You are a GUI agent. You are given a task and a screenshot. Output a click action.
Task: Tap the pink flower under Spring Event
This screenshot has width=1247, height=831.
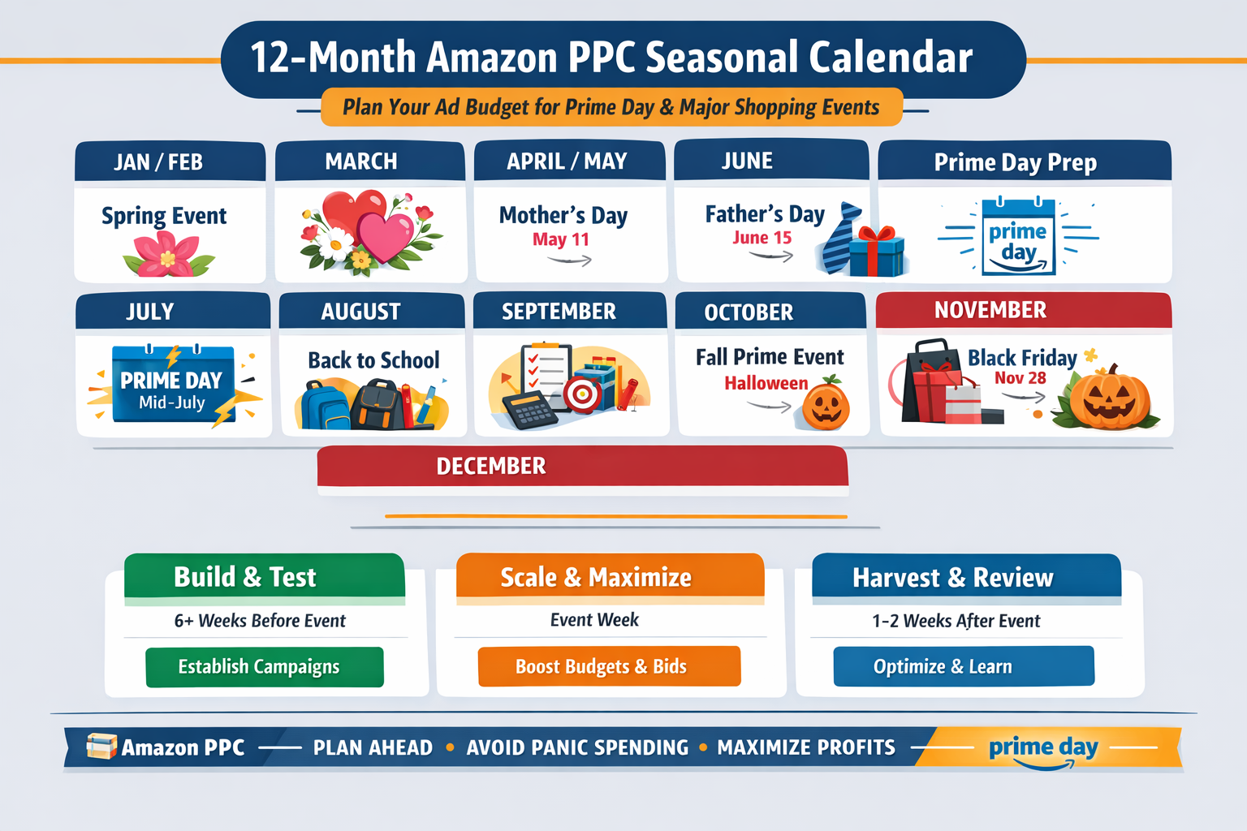[168, 255]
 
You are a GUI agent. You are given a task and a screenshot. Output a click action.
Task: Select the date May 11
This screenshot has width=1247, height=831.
[560, 239]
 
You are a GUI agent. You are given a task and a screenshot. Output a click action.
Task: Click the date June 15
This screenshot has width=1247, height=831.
[762, 238]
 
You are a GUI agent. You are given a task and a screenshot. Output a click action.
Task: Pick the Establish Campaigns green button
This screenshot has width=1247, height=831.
[265, 667]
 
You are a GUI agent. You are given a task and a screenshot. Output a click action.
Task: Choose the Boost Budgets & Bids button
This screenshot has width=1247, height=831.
[609, 667]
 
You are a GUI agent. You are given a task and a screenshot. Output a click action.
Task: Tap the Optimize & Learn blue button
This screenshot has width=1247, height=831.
[964, 667]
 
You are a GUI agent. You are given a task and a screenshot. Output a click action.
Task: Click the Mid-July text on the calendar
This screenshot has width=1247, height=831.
[172, 403]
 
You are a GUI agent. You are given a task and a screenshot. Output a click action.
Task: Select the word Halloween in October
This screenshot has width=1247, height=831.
[766, 383]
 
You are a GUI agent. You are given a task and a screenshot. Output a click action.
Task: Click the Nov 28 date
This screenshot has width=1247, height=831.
[1020, 378]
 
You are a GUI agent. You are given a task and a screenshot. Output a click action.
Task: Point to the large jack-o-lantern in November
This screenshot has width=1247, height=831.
[1108, 399]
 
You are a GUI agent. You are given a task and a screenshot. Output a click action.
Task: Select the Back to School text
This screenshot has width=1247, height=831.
[373, 360]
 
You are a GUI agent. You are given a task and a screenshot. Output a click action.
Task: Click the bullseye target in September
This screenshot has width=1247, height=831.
[583, 394]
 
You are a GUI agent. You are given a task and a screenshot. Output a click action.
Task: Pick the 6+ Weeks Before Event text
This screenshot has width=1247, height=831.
[260, 621]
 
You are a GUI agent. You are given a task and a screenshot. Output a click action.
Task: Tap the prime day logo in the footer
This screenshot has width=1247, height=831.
[1043, 748]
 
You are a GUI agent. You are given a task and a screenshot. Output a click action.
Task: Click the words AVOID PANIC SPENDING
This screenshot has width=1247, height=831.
[577, 747]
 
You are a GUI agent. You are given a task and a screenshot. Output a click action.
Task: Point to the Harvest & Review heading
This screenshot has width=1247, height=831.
[952, 578]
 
